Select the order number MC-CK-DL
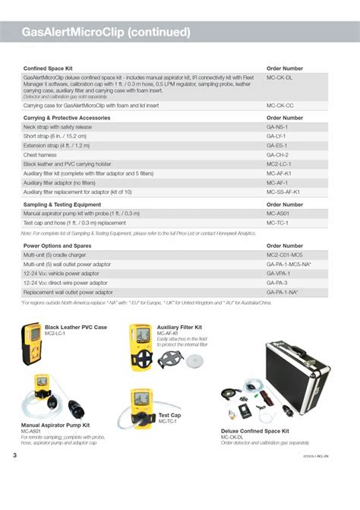pyautogui.click(x=279, y=78)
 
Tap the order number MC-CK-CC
pyautogui.click(x=279, y=105)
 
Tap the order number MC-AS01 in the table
pyautogui.click(x=278, y=214)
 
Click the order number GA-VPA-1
pyautogui.click(x=278, y=274)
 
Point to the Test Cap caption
pyautogui.click(x=169, y=415)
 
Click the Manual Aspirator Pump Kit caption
pyautogui.click(x=55, y=426)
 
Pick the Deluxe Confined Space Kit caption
pyautogui.click(x=255, y=431)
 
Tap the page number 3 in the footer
pyautogui.click(x=14, y=455)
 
